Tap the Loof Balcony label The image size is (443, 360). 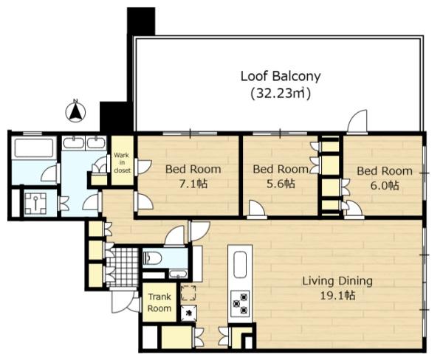click(281, 76)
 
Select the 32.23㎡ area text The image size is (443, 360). click(281, 93)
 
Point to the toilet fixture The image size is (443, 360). click(152, 258)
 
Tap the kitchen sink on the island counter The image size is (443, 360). click(240, 265)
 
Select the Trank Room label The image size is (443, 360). click(159, 302)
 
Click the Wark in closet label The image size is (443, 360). click(122, 162)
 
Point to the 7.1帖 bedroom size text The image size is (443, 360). click(193, 184)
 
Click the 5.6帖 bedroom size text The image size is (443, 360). click(281, 184)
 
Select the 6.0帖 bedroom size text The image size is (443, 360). click(385, 185)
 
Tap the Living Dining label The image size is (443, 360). click(337, 281)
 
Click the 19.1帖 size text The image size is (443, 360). click(337, 296)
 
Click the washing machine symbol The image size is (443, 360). click(35, 203)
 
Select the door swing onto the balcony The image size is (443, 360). click(357, 122)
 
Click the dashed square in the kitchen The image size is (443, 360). click(188, 293)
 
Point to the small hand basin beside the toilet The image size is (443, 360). click(178, 274)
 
